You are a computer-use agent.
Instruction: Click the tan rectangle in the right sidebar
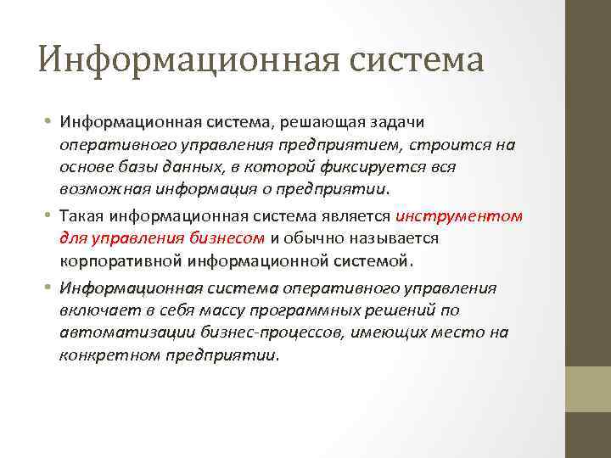point(588,389)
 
